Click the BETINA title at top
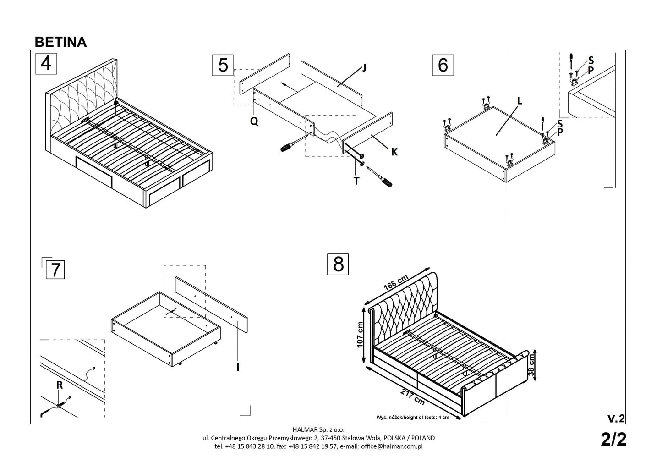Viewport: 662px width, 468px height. [x=60, y=42]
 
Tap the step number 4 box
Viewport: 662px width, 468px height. [x=46, y=64]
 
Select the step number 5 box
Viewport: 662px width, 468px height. [x=223, y=65]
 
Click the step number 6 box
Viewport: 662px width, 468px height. [x=443, y=65]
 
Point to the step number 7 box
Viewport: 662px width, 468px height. [x=55, y=270]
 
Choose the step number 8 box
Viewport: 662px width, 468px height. [x=338, y=264]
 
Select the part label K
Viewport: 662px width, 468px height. [x=394, y=153]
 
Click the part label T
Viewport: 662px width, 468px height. [x=356, y=181]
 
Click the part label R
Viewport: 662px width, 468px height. [x=60, y=385]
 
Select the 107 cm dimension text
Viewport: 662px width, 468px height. [x=360, y=333]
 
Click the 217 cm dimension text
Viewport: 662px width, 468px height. [x=412, y=397]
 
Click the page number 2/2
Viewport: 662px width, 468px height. [x=613, y=440]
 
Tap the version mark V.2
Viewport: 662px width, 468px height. [x=615, y=418]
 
